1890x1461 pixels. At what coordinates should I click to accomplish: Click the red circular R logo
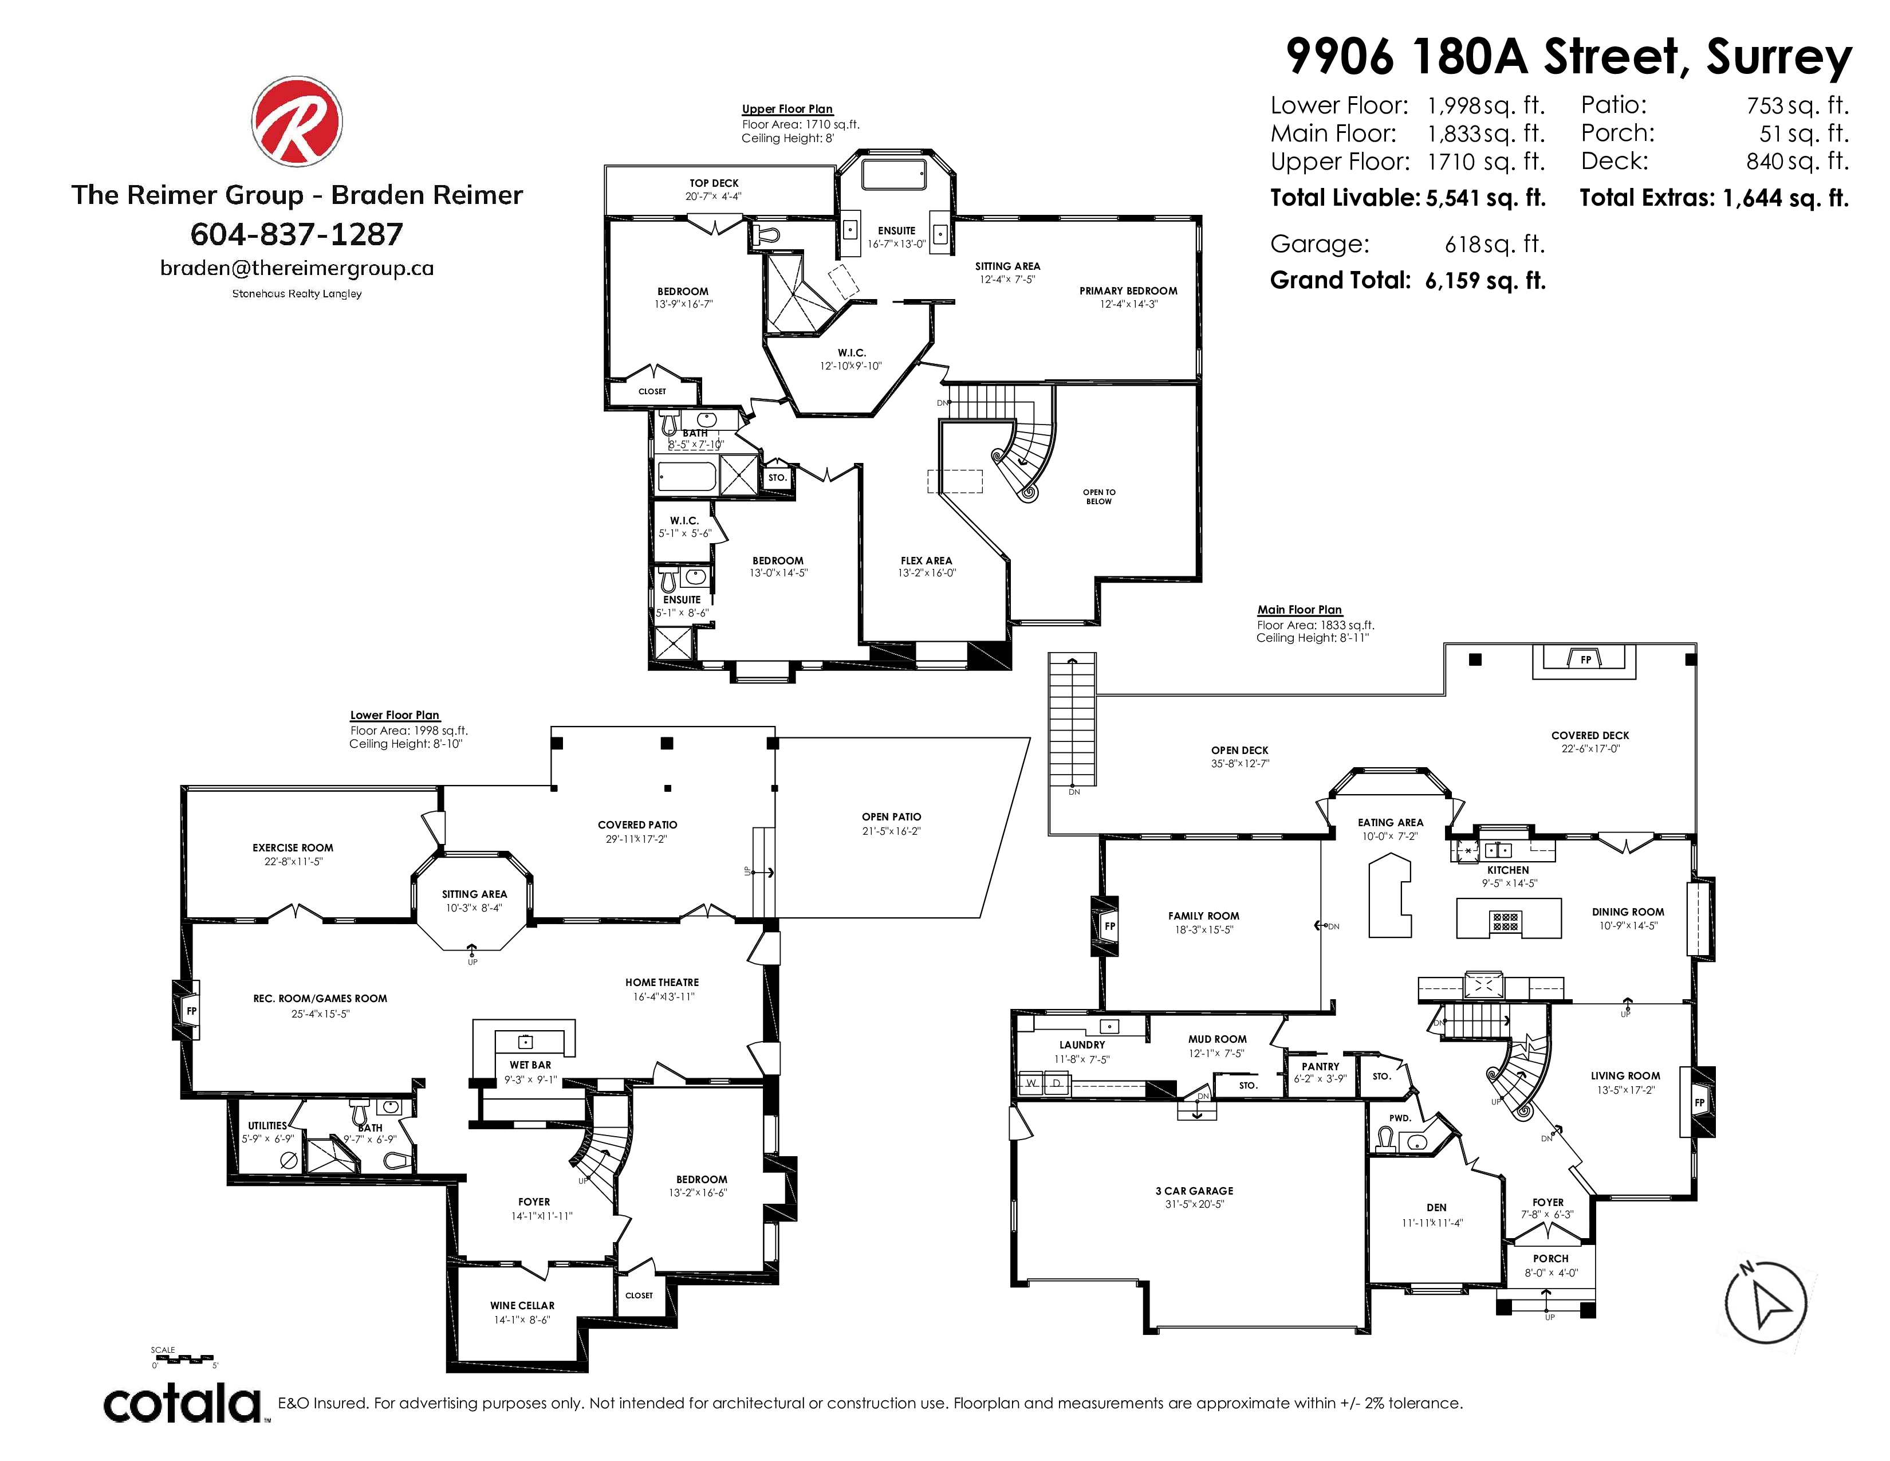(297, 120)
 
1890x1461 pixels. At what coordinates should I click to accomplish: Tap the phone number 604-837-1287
(297, 234)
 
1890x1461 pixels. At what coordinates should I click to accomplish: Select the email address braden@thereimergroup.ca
(297, 268)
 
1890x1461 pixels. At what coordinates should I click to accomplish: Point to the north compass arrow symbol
(1765, 1303)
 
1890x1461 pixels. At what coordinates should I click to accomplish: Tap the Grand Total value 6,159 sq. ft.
(1485, 280)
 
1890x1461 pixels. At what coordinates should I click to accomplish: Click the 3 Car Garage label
(1194, 1191)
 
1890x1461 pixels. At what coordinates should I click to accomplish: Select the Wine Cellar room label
(522, 1305)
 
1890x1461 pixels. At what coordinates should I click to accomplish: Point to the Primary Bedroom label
(1128, 291)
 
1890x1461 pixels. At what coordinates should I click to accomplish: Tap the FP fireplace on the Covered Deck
(1585, 659)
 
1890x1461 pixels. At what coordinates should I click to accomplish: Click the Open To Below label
(1099, 497)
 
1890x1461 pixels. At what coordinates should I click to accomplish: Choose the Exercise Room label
(293, 847)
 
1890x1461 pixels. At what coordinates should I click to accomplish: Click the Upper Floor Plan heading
(787, 109)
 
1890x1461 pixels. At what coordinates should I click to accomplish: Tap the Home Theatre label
(662, 983)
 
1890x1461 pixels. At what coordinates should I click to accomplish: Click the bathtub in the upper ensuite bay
(894, 173)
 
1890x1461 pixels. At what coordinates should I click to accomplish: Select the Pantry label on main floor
(1321, 1066)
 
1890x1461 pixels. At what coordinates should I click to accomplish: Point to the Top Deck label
(714, 183)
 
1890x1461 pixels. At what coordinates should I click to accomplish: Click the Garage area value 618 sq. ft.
(1494, 244)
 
